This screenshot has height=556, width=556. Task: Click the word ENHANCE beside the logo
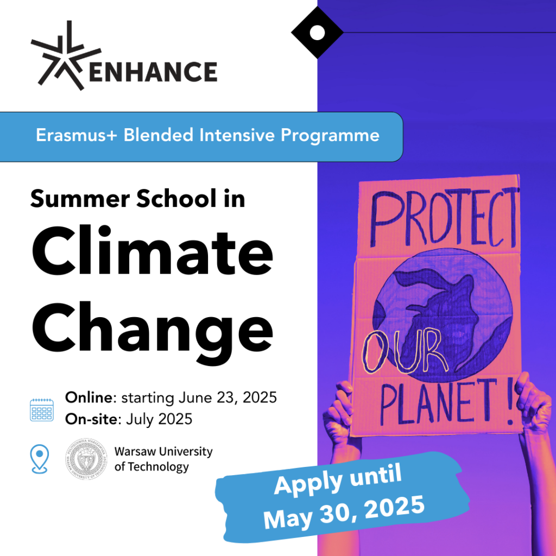pos(153,72)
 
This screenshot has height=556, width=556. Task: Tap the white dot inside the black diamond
pos(317,33)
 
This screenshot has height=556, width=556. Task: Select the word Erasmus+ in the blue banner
pos(76,135)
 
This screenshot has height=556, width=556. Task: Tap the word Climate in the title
pos(153,251)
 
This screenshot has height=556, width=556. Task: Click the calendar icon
pos(42,410)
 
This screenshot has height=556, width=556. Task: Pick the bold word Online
pos(89,397)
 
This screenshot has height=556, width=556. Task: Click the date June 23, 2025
pos(228,398)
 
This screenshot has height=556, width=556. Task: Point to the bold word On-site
pos(91,419)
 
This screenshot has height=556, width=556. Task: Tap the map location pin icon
pos(40,459)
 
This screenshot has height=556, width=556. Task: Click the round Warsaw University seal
pos(86,459)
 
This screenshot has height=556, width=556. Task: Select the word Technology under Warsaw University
pos(158,467)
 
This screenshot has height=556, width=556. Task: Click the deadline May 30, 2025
pos(344,511)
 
